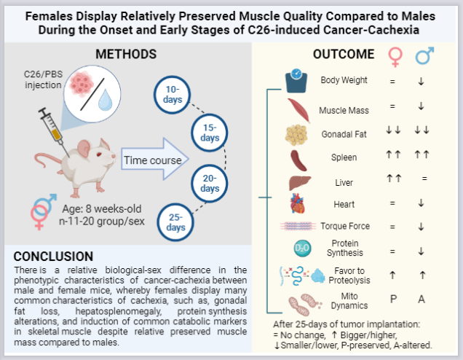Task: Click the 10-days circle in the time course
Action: point(172,95)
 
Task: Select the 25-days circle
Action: point(175,222)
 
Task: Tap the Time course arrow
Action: point(155,160)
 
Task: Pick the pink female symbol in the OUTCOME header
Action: point(395,58)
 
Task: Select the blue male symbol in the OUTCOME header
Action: point(424,55)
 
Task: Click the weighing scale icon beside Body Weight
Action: point(296,81)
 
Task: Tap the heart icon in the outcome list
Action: point(297,203)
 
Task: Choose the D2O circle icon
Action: point(302,248)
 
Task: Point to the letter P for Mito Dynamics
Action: point(393,299)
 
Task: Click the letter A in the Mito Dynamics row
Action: point(422,299)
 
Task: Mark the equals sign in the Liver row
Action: point(424,179)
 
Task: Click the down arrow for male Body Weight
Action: point(421,82)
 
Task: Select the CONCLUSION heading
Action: point(53,257)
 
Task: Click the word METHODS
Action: point(126,54)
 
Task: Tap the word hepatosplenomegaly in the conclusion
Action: point(119,311)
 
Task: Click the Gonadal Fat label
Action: point(344,134)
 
